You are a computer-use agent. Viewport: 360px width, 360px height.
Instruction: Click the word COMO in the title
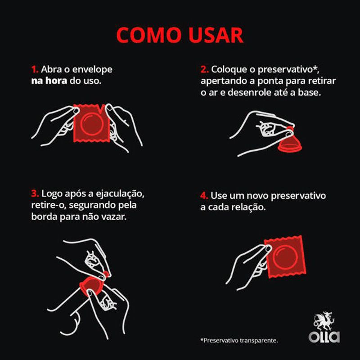click(149, 35)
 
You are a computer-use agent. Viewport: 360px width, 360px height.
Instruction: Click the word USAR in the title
click(216, 35)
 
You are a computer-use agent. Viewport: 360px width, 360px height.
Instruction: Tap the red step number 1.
click(35, 69)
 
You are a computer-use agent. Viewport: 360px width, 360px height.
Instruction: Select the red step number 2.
click(205, 69)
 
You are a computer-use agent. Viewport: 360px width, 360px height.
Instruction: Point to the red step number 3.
click(35, 193)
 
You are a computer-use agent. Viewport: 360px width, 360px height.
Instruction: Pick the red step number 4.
click(204, 196)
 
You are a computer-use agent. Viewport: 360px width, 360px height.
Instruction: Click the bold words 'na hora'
click(49, 81)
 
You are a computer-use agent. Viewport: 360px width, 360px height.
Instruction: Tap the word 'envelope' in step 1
click(92, 70)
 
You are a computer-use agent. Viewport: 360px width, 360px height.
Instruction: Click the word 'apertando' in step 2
click(221, 81)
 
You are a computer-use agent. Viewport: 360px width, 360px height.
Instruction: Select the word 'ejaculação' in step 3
click(120, 194)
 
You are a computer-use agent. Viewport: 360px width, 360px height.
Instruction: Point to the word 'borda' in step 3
click(44, 216)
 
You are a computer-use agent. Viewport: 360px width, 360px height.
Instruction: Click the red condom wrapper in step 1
click(91, 123)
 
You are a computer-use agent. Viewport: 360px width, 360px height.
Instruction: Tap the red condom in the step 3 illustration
click(93, 285)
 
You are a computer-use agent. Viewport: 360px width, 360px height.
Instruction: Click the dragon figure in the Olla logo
click(324, 321)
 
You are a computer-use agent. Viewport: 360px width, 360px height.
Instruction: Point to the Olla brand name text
click(324, 337)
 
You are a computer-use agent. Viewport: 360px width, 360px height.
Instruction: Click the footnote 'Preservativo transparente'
click(239, 340)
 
